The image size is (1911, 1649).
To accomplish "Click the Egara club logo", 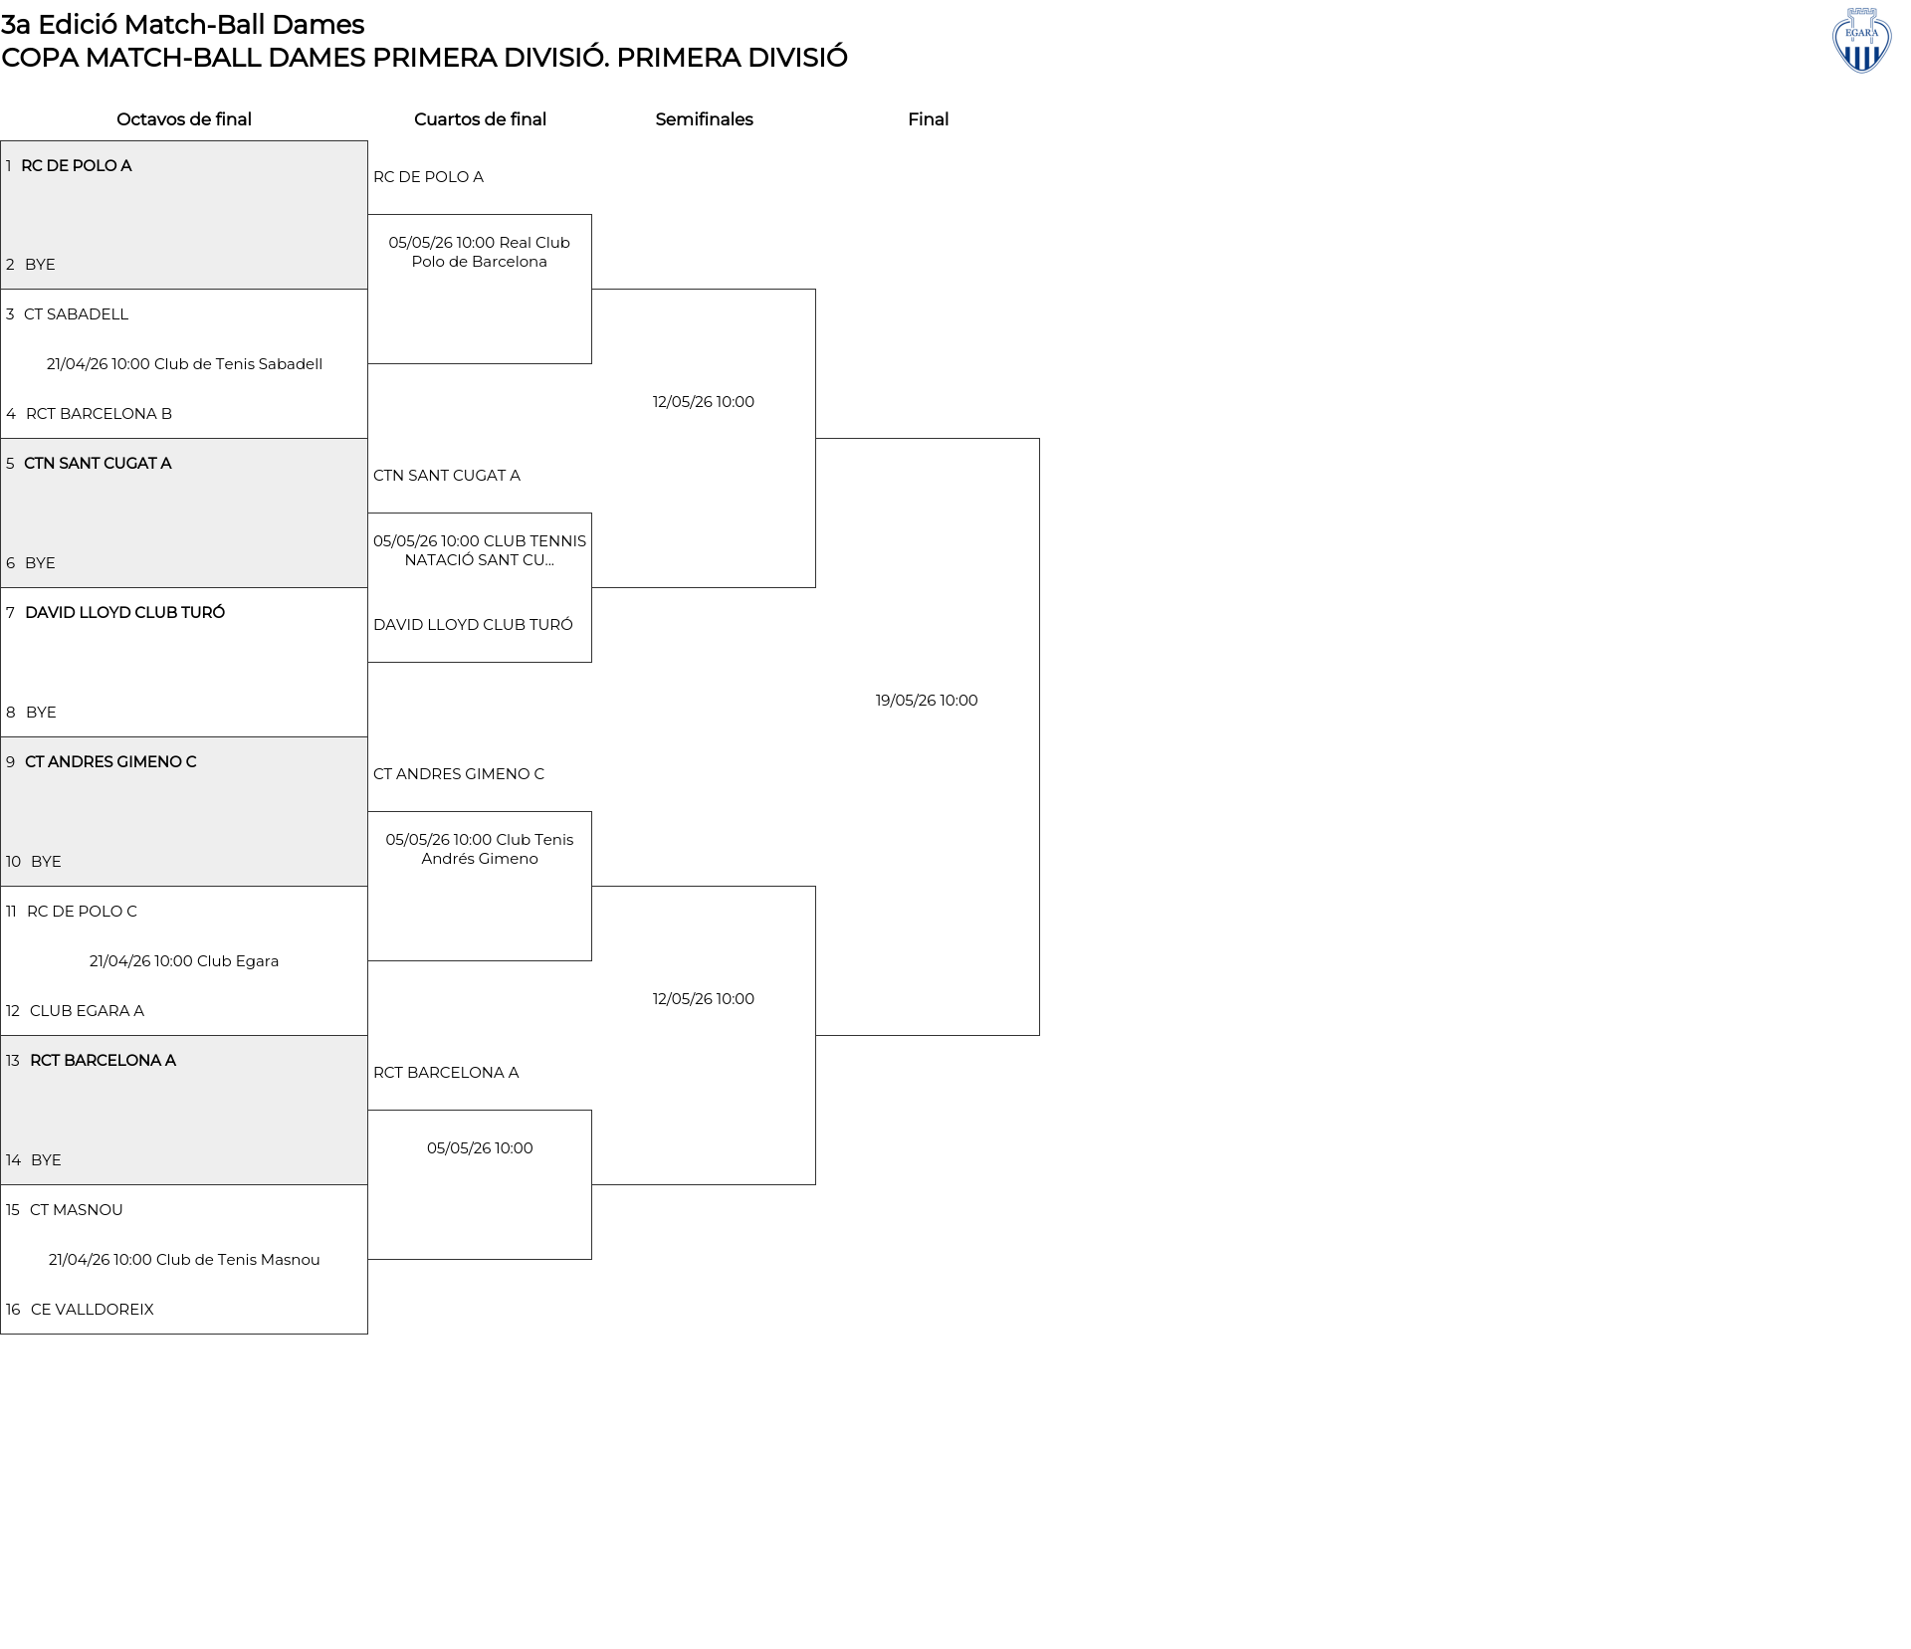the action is tap(1861, 41).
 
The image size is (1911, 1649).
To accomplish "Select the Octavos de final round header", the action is tap(184, 119).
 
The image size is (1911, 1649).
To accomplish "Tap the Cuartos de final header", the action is tap(480, 119).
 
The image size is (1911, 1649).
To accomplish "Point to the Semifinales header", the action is tap(704, 119).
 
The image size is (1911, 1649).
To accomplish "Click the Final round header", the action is tap(928, 119).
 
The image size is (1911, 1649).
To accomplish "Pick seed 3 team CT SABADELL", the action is tap(77, 314).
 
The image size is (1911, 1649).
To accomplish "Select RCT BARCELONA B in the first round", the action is tap(99, 414).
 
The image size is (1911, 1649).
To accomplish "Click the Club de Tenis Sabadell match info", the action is tap(184, 364).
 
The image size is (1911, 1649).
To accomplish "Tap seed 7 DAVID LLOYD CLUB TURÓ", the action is tap(124, 613).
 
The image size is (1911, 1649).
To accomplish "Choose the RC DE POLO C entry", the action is tap(82, 912).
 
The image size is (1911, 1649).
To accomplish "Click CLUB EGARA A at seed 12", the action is tap(87, 1011).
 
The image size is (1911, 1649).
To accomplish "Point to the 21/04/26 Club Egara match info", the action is tap(184, 961).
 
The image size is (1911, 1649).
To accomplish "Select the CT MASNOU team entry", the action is tap(77, 1210).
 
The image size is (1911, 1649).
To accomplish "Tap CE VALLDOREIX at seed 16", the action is tap(93, 1310).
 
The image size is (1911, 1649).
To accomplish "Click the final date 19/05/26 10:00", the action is tap(927, 701).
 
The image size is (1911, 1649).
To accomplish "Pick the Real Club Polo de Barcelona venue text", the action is tap(480, 252).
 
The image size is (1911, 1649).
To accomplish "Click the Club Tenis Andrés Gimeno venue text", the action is tap(480, 849).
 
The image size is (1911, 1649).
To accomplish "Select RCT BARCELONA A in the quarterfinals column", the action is tap(446, 1073).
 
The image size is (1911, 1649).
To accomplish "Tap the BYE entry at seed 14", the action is tap(46, 1160).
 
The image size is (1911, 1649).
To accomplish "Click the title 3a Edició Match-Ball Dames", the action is tap(183, 24).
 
